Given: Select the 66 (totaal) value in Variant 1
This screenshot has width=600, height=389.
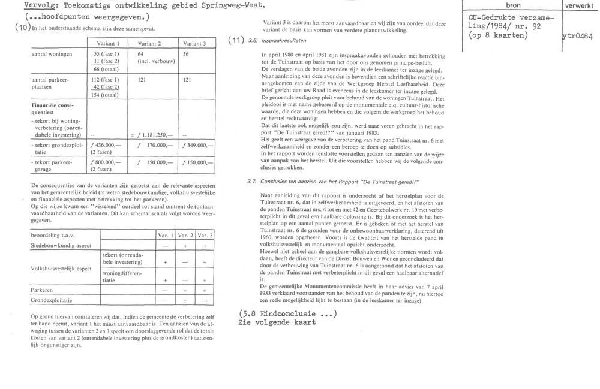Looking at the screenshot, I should click(x=105, y=69).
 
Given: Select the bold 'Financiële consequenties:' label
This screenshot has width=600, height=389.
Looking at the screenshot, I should click(x=55, y=108).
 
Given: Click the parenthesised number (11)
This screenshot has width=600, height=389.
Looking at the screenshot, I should click(x=235, y=41).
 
